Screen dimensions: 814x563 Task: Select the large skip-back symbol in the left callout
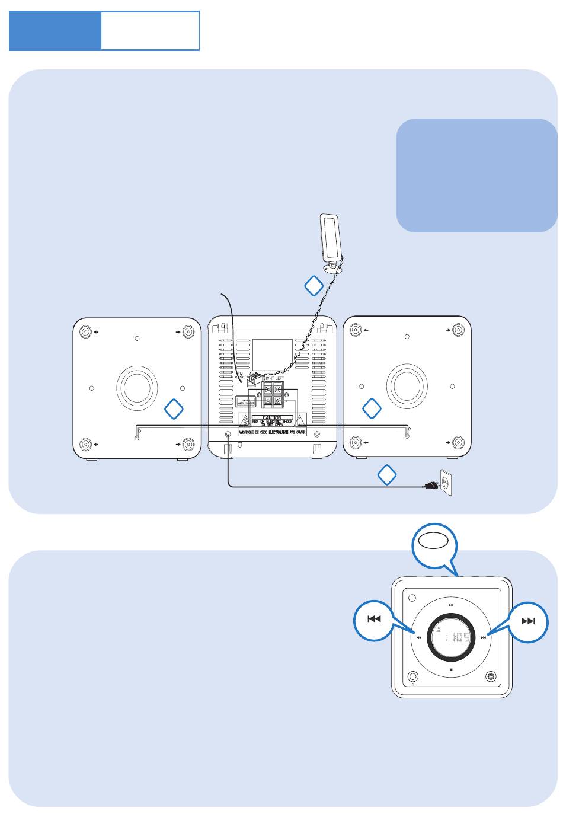tap(373, 620)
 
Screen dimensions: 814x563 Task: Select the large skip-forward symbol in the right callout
tap(528, 621)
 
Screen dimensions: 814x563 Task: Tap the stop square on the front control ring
tap(451, 670)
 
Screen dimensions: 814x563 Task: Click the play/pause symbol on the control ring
tap(451, 605)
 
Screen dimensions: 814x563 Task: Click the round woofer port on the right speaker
tap(407, 386)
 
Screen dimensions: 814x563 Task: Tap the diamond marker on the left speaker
tap(174, 408)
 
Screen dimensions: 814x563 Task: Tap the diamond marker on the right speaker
tap(372, 408)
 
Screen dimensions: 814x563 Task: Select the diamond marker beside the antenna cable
tap(314, 286)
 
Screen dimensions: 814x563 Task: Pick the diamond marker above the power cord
tap(386, 474)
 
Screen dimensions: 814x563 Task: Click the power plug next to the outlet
tap(430, 487)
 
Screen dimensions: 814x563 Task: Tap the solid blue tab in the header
tap(55, 30)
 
